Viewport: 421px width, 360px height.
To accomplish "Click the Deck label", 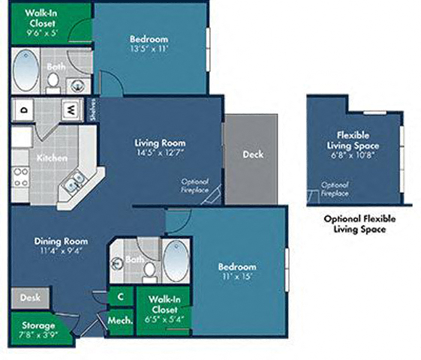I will coord(252,155).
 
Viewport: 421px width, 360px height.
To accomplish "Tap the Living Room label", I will coord(160,142).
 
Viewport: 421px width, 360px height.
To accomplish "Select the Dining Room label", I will coord(61,241).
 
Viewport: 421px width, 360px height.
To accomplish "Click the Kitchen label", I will coord(52,158).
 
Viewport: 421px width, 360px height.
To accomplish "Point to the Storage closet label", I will coord(38,325).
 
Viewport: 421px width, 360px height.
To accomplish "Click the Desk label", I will coord(30,298).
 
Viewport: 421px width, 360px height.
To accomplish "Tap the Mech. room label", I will coord(120,320).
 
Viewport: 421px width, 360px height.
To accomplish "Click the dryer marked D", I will coord(24,109).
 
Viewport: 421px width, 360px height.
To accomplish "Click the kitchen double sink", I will coord(73,180).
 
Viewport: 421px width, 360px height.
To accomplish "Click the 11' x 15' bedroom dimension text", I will coord(237,276).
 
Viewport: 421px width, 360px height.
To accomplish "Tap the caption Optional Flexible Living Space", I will coord(359,223).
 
